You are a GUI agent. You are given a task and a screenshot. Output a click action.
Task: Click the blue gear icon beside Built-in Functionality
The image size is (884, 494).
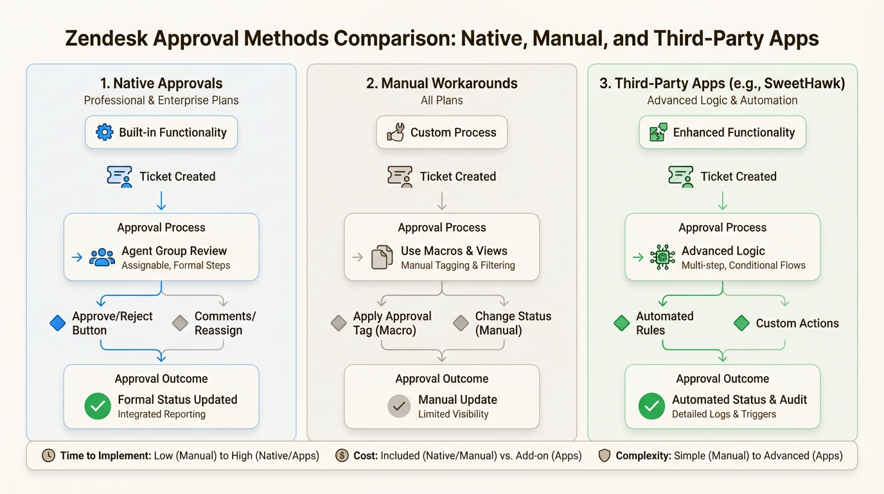click(x=104, y=133)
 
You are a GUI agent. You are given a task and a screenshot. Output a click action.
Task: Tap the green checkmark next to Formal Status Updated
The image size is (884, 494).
click(x=98, y=406)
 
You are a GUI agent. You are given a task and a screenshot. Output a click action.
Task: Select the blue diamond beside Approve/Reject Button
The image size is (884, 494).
click(x=58, y=323)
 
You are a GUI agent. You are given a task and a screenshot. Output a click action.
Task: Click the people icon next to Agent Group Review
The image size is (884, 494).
click(x=102, y=257)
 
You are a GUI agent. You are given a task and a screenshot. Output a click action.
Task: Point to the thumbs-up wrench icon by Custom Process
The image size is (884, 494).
click(x=395, y=133)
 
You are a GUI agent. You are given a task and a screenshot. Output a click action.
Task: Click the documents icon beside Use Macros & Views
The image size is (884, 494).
click(x=382, y=257)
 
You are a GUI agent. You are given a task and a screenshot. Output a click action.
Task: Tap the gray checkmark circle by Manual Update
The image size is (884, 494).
click(x=399, y=406)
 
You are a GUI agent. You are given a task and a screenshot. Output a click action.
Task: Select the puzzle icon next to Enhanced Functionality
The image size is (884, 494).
click(x=658, y=133)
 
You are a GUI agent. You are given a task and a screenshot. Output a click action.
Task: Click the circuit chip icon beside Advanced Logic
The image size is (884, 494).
click(x=662, y=257)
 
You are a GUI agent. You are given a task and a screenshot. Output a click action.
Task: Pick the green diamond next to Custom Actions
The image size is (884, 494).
click(x=741, y=323)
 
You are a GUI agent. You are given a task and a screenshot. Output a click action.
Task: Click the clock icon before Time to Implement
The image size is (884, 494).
click(x=48, y=455)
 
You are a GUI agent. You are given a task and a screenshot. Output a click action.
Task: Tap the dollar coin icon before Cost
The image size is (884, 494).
click(x=342, y=455)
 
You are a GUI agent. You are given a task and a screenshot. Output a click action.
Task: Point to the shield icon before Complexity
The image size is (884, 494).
click(x=604, y=455)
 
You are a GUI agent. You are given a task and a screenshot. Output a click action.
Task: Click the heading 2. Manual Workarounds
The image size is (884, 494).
click(x=441, y=83)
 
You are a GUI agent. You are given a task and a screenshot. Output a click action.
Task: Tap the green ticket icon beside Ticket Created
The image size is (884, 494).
click(x=681, y=176)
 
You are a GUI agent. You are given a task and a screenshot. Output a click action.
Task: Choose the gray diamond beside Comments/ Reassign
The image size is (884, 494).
click(x=180, y=323)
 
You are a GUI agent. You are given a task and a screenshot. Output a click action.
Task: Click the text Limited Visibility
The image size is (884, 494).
click(x=453, y=414)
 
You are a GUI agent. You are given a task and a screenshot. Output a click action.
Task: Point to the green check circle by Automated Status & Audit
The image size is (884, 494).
click(x=651, y=406)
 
